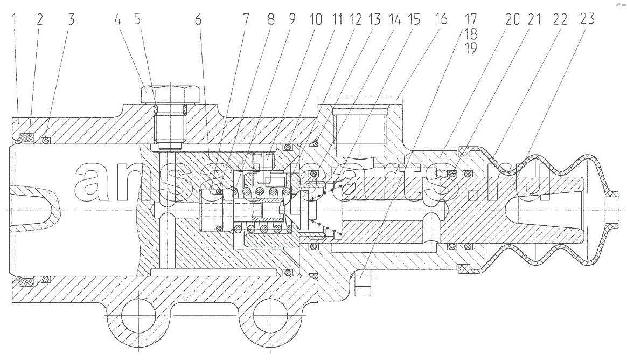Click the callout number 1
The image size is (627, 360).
pos(15,19)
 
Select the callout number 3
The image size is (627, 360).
pos(71,19)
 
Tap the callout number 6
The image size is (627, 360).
pos(198,19)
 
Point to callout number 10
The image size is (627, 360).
pos(316,19)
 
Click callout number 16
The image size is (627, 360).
pos(441,19)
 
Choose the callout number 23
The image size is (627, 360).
pos(587,19)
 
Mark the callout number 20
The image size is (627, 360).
pos(512,19)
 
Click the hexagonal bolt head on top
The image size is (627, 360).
pos(171,94)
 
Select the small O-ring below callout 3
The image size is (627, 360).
pos(46,140)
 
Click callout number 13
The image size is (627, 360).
pos(374,19)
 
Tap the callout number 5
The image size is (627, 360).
pos(137,19)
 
